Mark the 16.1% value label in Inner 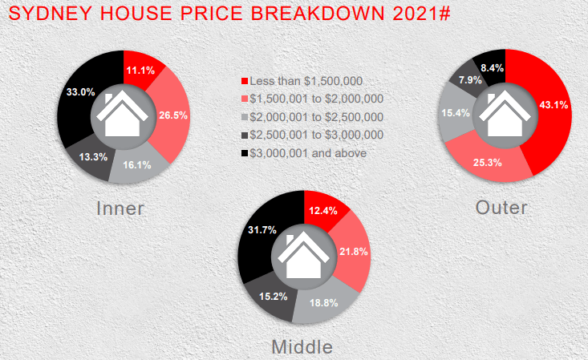click(137, 165)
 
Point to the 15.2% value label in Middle click(274, 297)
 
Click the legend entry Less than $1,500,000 click(302, 81)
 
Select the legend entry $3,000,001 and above click(304, 153)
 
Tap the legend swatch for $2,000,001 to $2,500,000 click(245, 117)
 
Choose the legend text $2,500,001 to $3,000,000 click(317, 135)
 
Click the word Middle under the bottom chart click(302, 347)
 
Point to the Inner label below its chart click(120, 208)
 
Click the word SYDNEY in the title click(51, 14)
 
